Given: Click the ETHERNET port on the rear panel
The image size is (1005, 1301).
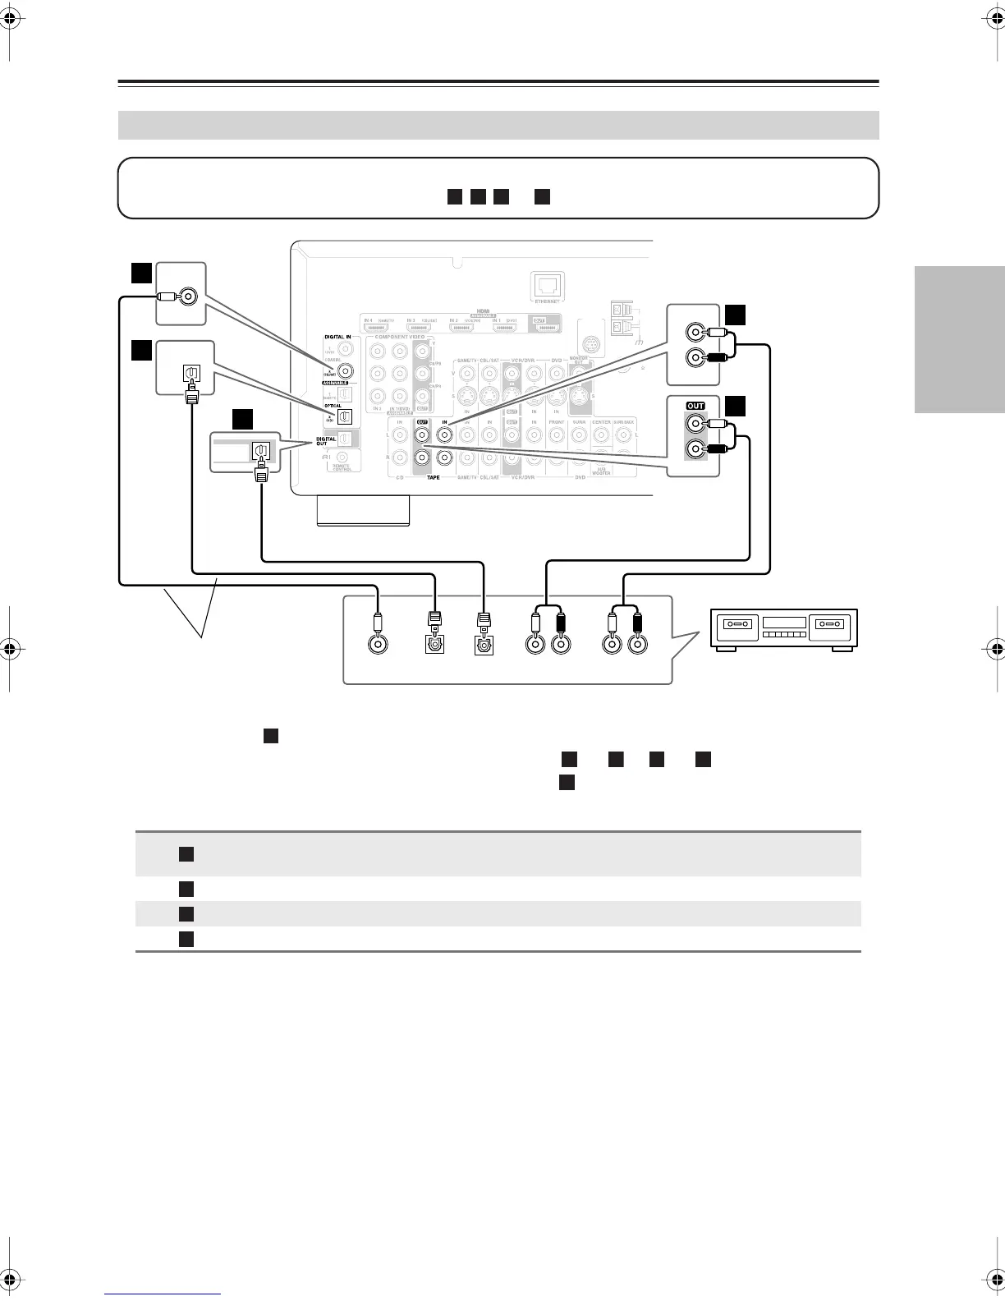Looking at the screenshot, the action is pyautogui.click(x=547, y=285).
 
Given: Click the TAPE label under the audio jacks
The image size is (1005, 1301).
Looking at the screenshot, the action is pyautogui.click(x=434, y=477).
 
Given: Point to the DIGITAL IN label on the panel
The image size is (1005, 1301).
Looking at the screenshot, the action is pyautogui.click(x=337, y=337).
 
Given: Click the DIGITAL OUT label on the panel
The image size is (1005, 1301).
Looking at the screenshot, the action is pyautogui.click(x=327, y=442).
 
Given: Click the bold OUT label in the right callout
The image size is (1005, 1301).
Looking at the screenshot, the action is pyautogui.click(x=695, y=406).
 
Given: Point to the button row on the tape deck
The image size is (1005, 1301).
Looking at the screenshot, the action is pyautogui.click(x=782, y=635).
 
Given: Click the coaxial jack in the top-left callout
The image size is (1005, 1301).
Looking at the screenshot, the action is pyautogui.click(x=190, y=297).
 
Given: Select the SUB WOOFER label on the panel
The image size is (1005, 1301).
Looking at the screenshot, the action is pyautogui.click(x=601, y=471).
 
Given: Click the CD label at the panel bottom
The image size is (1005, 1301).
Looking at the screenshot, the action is pyautogui.click(x=400, y=477).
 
